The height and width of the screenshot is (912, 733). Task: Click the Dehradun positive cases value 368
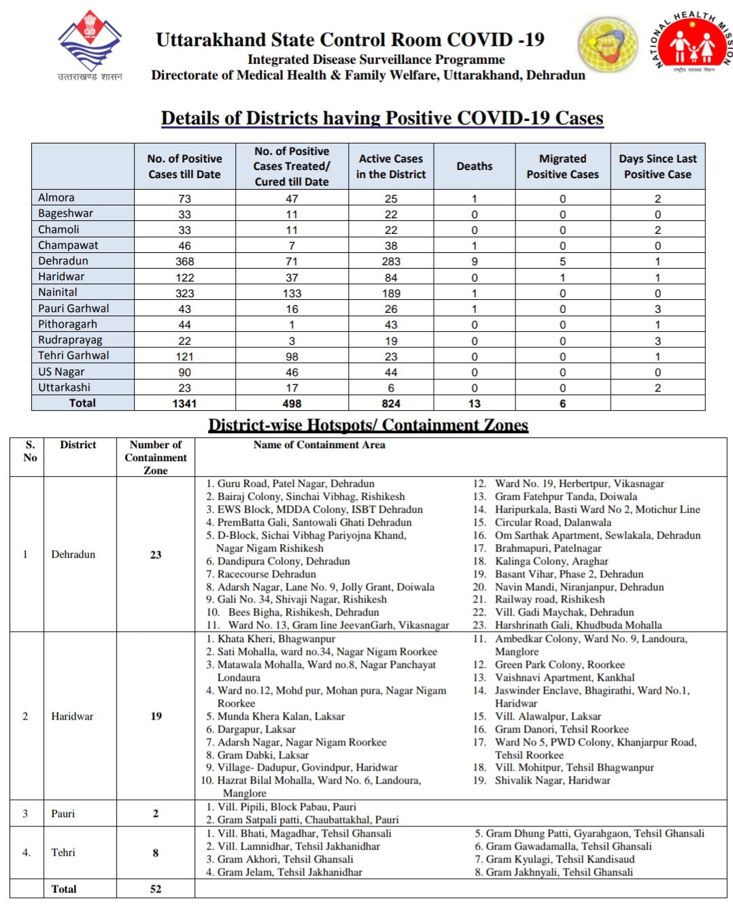click(184, 261)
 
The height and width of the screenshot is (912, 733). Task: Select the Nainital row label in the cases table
click(58, 292)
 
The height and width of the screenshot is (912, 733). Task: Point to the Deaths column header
click(474, 166)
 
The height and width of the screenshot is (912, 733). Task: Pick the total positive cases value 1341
click(184, 403)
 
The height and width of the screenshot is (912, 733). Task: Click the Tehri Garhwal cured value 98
click(292, 356)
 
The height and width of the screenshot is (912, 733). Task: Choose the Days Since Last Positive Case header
click(657, 166)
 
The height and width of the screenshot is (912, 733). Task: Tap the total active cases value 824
click(391, 403)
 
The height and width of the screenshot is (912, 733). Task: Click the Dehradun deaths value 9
click(474, 261)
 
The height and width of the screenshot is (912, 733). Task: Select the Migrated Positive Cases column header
click(562, 166)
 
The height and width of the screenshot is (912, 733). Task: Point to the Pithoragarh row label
click(67, 324)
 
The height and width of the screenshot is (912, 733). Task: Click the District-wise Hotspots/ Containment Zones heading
click(368, 425)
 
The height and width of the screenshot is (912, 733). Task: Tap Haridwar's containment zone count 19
click(156, 716)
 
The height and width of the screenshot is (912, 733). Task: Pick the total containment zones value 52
click(156, 889)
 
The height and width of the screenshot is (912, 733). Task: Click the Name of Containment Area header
click(319, 445)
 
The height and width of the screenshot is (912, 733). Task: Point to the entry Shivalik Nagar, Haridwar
click(551, 780)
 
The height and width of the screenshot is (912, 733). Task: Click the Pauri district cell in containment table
click(63, 813)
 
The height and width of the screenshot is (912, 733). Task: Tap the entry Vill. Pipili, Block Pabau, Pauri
click(286, 807)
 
